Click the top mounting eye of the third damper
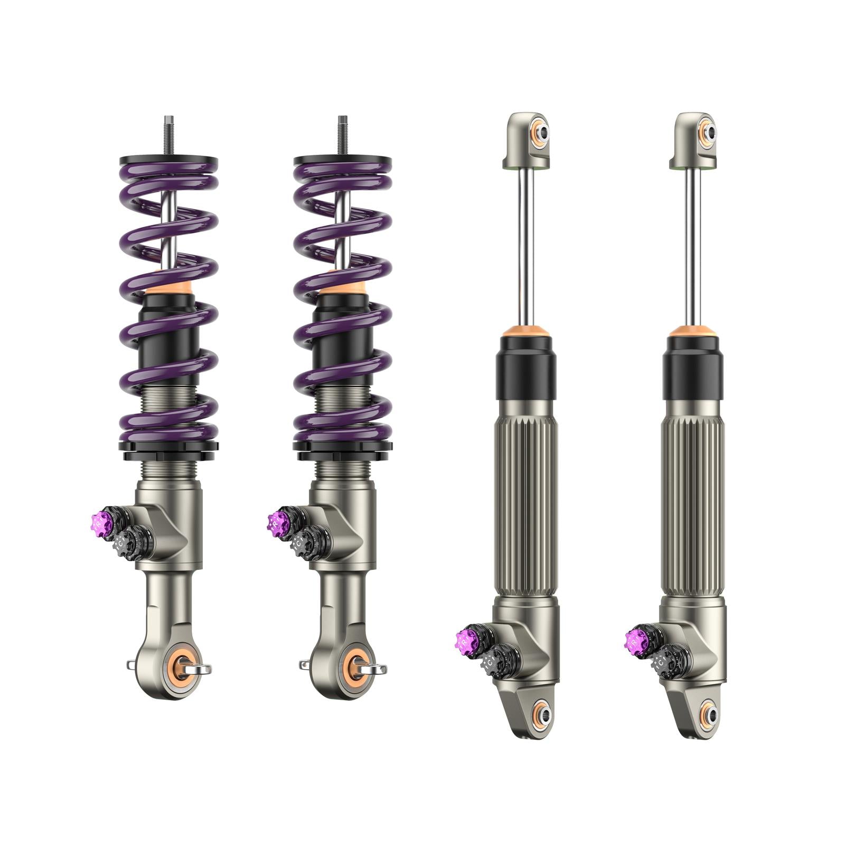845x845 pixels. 541,132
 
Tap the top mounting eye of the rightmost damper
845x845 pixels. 709,132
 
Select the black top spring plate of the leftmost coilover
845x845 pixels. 168,160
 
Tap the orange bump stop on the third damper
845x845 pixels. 526,332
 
